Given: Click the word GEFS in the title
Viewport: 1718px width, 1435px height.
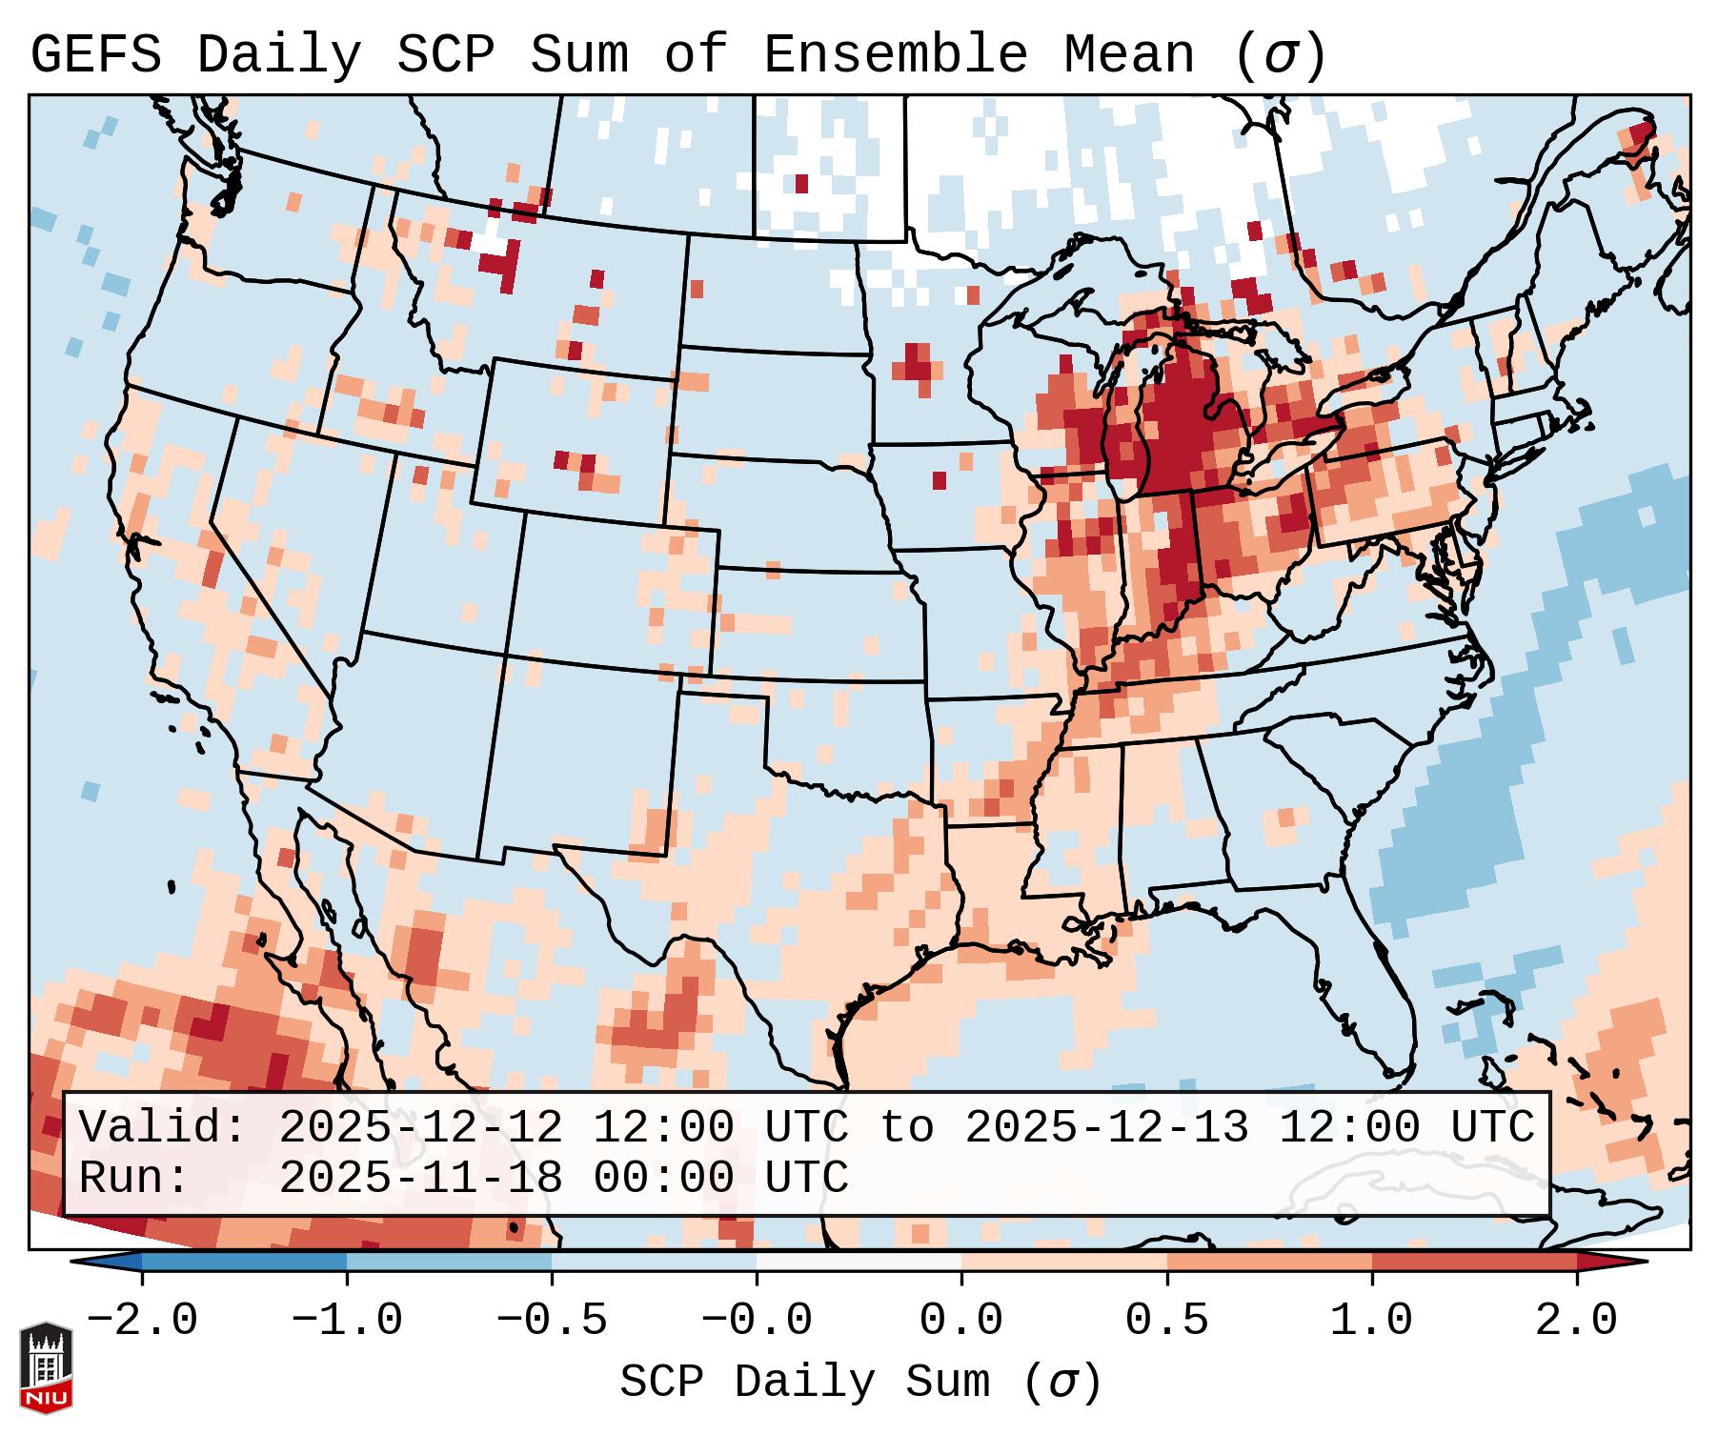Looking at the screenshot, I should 95,55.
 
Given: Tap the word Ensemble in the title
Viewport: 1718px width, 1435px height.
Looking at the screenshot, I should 895,55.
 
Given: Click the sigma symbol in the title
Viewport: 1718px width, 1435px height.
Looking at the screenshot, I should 1280,55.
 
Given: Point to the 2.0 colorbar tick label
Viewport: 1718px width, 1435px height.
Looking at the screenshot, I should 1577,1321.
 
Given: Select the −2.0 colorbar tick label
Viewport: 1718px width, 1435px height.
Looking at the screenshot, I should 142,1321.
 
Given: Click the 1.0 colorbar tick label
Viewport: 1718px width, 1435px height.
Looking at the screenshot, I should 1371,1321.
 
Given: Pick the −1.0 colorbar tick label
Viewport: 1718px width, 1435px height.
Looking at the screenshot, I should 347,1321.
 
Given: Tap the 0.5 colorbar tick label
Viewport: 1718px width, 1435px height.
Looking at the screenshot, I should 1166,1321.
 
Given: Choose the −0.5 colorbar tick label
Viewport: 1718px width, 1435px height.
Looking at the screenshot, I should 552,1321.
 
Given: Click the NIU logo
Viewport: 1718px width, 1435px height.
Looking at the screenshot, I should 46,1367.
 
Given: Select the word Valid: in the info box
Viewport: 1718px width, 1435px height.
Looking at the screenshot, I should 163,1127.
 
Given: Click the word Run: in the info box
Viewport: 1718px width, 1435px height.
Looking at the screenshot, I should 134,1178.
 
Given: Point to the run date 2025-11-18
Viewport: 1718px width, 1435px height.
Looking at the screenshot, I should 420,1178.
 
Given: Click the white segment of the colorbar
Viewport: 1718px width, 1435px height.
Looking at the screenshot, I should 859,1262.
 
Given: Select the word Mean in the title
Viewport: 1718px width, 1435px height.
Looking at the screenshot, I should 1128,55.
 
